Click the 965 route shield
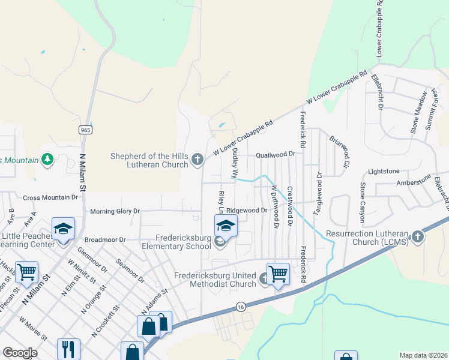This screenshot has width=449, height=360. [84, 130]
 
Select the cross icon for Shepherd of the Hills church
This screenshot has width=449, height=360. [197, 159]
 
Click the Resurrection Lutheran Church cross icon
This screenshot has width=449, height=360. [418, 236]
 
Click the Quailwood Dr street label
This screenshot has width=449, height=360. [276, 154]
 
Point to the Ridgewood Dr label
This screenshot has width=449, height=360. [246, 211]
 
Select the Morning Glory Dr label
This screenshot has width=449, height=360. [115, 211]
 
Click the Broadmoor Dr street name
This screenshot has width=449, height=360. [105, 239]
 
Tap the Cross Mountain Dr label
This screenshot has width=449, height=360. [50, 197]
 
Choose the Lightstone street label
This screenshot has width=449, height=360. [384, 171]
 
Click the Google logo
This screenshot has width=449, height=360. [20, 353]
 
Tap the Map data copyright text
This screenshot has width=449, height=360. [423, 355]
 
